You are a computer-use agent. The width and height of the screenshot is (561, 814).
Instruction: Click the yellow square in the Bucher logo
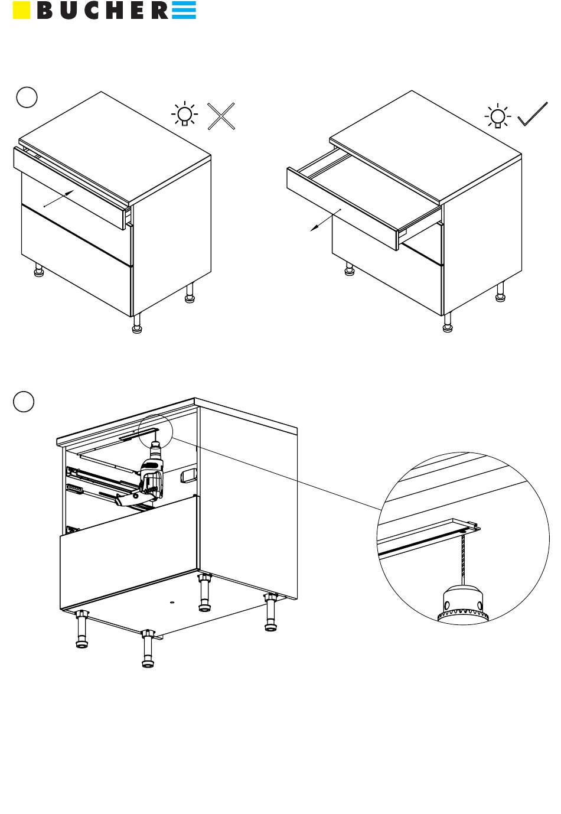tap(21, 10)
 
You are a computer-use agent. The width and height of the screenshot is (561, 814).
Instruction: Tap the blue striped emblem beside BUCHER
tap(184, 10)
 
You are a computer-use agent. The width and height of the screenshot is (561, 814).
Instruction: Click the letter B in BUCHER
tap(44, 10)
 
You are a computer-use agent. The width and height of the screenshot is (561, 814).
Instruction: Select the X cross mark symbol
tap(221, 116)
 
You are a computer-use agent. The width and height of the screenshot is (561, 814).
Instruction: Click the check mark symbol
tap(532, 114)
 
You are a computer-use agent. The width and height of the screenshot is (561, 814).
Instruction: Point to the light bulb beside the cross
tap(185, 114)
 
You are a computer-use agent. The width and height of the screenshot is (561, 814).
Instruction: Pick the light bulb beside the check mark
tap(498, 116)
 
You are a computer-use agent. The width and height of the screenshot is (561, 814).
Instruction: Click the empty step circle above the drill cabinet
tap(24, 402)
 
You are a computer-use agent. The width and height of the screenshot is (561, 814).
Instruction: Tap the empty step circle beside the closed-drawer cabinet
tap(27, 97)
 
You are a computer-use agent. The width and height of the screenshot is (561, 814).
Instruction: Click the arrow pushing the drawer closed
tap(59, 198)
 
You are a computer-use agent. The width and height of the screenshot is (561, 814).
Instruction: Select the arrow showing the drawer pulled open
tap(325, 220)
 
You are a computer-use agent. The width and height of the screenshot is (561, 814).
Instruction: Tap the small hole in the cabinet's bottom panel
tap(172, 602)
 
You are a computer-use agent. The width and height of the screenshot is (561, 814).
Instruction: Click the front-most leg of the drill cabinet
tap(147, 649)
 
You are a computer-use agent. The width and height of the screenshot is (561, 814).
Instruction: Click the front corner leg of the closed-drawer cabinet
tap(136, 324)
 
